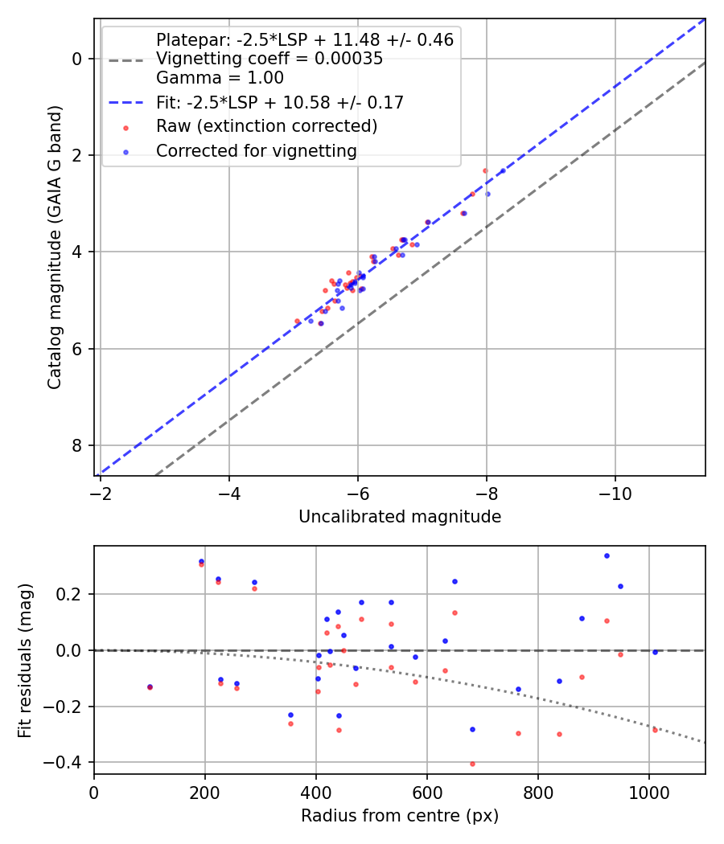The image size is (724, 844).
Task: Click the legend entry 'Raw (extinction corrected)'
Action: pyautogui.click(x=266, y=126)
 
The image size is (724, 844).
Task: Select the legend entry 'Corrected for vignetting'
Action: pyautogui.click(x=257, y=150)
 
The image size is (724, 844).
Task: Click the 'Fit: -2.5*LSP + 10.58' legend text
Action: pyautogui.click(x=280, y=102)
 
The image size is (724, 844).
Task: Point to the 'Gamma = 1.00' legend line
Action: pyautogui.click(x=220, y=78)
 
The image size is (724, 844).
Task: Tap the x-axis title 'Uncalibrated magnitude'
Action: pyautogui.click(x=400, y=517)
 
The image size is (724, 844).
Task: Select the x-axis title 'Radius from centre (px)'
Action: pyautogui.click(x=400, y=816)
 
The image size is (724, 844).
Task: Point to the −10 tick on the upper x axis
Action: pyautogui.click(x=615, y=490)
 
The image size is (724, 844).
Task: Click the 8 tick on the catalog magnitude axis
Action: pyautogui.click(x=77, y=445)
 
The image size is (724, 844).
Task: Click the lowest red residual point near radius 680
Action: pyautogui.click(x=472, y=764)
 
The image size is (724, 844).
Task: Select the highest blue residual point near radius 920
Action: pyautogui.click(x=607, y=555)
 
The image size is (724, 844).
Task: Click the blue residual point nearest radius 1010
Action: pyautogui.click(x=655, y=652)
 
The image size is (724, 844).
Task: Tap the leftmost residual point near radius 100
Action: pyautogui.click(x=150, y=687)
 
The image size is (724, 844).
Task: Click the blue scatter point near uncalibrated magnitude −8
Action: pyautogui.click(x=487, y=194)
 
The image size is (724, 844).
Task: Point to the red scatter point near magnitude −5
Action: pyautogui.click(x=297, y=321)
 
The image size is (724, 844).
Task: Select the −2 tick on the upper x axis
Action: pyautogui.click(x=101, y=490)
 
